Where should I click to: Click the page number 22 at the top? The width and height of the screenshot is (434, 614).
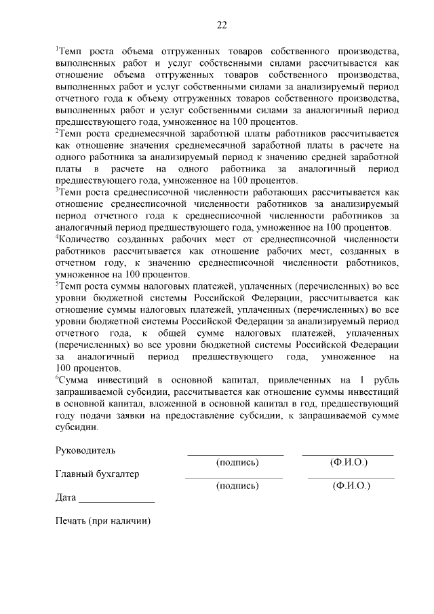pos(221,25)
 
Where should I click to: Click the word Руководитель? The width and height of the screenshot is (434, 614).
pos(85,450)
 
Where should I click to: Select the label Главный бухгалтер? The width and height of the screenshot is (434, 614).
pos(97,474)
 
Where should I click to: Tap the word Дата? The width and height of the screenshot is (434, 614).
pos(66,497)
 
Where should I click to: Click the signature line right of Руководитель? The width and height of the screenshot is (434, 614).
pos(235,454)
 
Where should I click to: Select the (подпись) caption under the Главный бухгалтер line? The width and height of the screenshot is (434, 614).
pos(237,486)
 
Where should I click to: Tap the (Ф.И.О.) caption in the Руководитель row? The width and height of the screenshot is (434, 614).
pos(349,462)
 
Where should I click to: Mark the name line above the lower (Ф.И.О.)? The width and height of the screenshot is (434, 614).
pos(351,478)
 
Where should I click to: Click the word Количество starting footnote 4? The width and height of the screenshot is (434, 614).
pos(86,239)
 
